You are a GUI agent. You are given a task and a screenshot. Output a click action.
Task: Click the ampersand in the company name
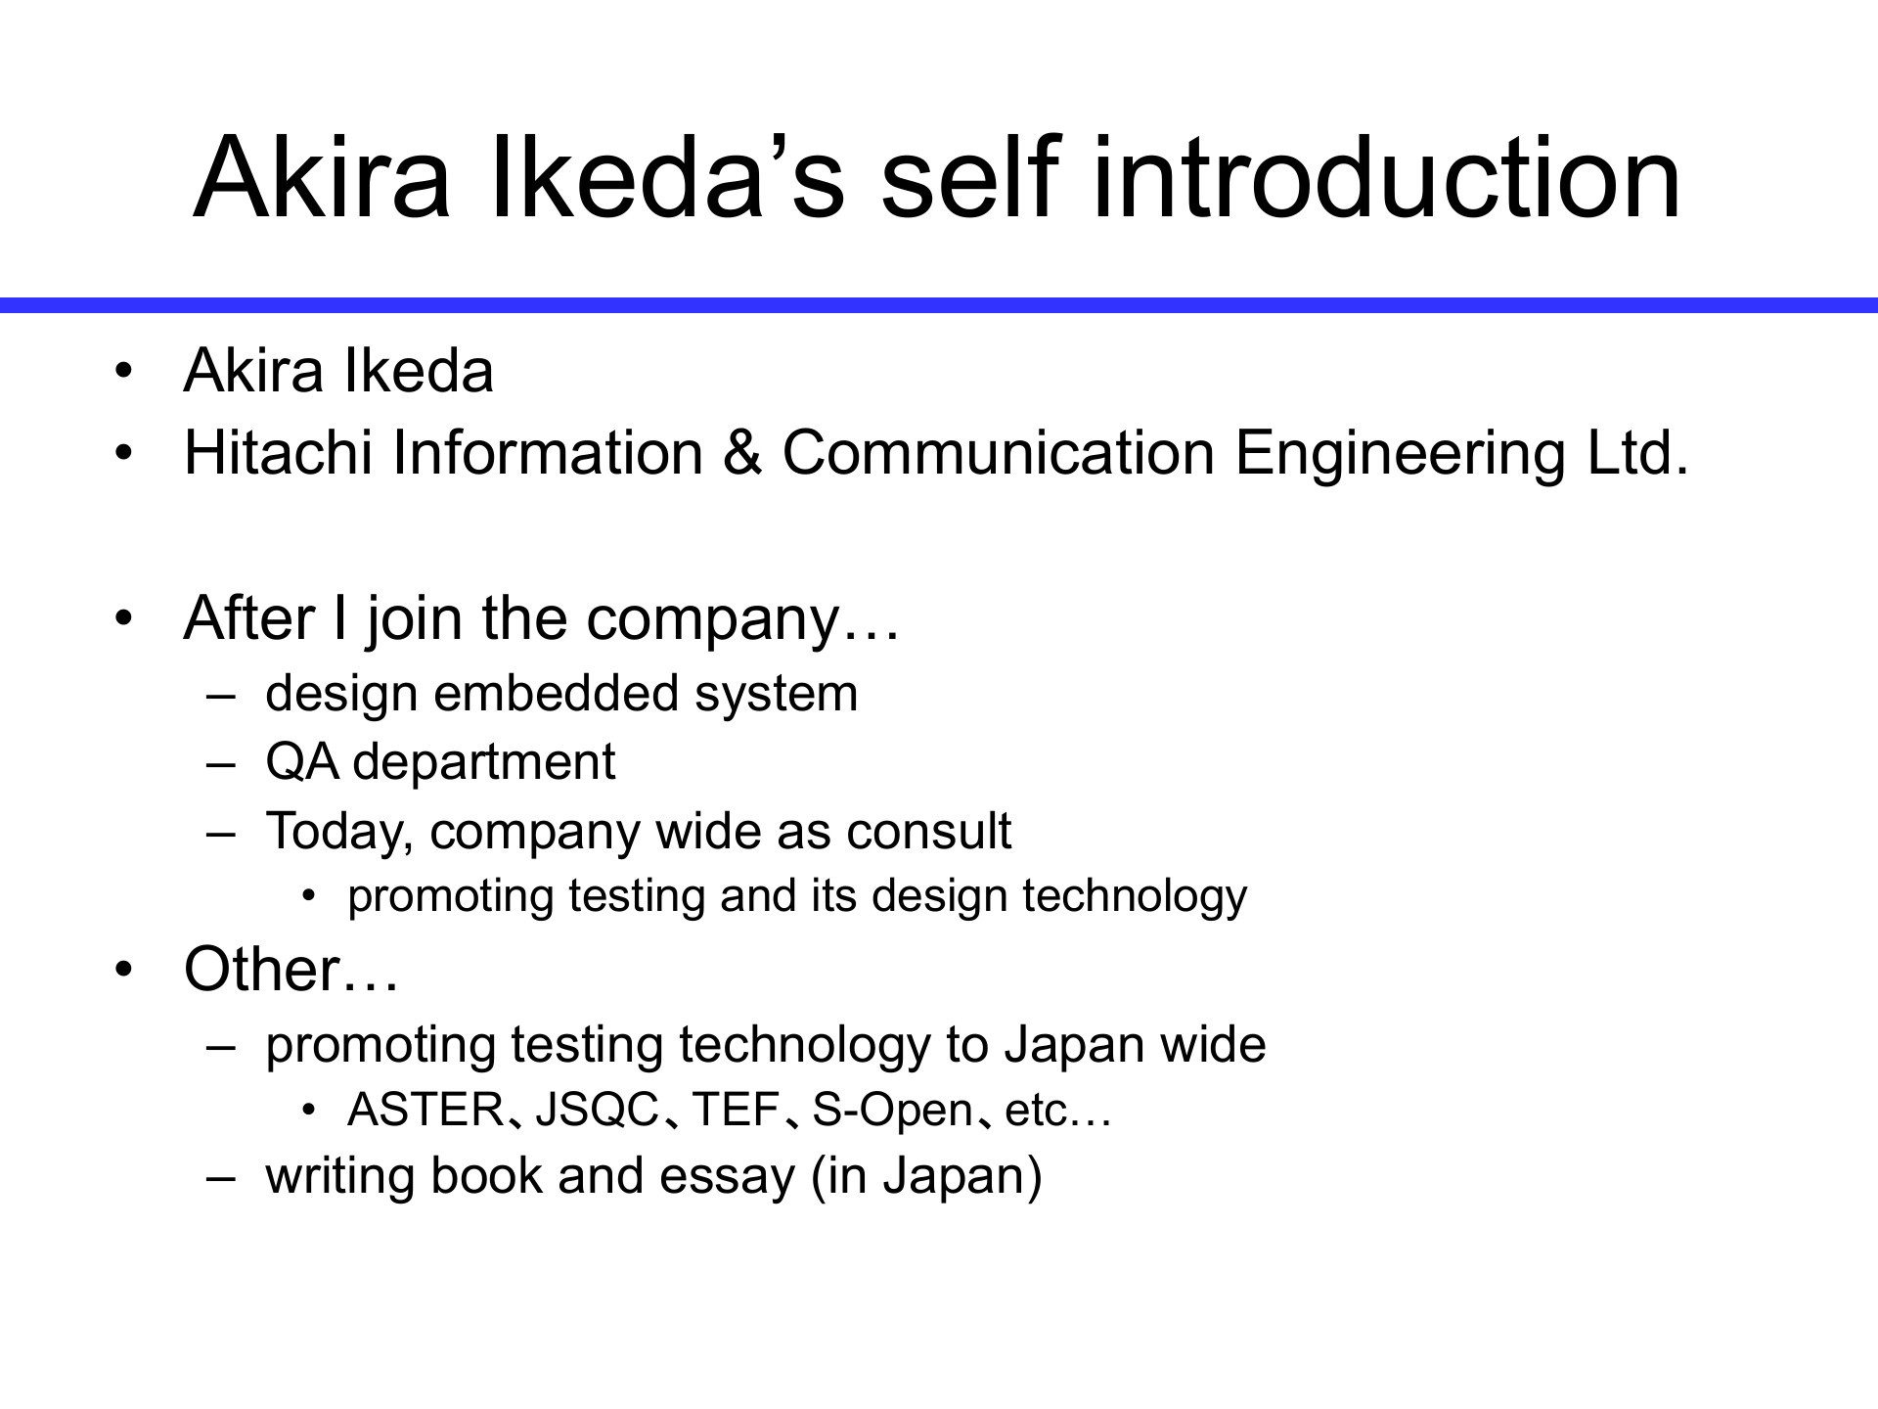click(x=743, y=453)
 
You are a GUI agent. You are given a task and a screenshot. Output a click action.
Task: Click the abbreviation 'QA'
click(x=302, y=762)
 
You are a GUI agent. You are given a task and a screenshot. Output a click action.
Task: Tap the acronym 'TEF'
click(x=735, y=1110)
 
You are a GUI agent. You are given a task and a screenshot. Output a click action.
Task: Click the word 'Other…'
click(x=291, y=970)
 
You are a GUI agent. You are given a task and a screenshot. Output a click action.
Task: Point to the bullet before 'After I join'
click(x=122, y=618)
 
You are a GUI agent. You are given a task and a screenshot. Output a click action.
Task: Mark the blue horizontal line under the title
click(x=939, y=305)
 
